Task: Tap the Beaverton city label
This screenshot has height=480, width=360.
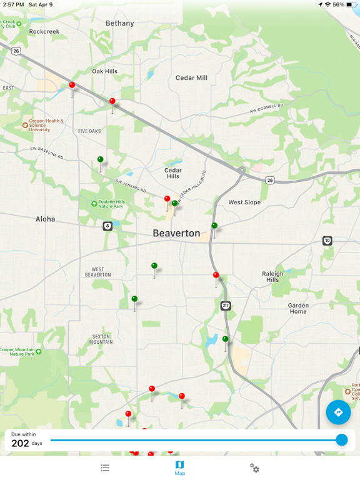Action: [x=176, y=233]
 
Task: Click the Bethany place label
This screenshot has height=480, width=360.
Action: [x=119, y=23]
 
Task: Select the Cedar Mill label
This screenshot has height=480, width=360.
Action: [x=191, y=78]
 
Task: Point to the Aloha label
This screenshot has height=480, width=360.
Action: [x=45, y=219]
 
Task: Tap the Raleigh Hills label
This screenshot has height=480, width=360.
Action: [x=272, y=276]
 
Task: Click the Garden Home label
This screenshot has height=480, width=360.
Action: [x=298, y=308]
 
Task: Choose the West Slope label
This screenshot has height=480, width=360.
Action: [x=244, y=202]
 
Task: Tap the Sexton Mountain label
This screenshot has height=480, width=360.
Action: [x=101, y=339]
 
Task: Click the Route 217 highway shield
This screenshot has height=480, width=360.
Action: [x=226, y=306]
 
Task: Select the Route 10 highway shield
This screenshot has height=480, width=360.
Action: [x=327, y=241]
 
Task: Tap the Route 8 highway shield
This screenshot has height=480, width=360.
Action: [x=107, y=226]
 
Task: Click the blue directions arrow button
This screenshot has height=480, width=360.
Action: [x=338, y=412]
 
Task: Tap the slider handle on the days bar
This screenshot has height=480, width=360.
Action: [x=341, y=440]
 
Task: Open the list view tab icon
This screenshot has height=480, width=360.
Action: [x=105, y=467]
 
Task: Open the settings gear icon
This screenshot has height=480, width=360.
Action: [x=254, y=467]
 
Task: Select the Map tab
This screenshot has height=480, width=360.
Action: [x=179, y=468]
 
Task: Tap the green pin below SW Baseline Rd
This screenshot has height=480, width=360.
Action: [x=100, y=160]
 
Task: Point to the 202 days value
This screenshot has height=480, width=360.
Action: [x=21, y=443]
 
